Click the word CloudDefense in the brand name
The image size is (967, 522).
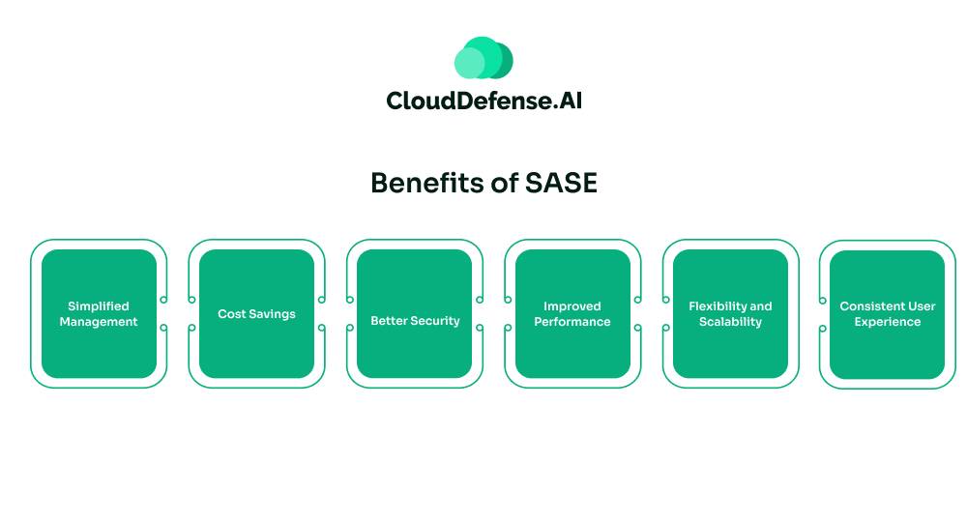[x=469, y=101]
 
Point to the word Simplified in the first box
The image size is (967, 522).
[x=98, y=306]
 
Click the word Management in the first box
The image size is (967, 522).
[x=98, y=322]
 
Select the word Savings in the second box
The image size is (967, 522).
[x=273, y=314]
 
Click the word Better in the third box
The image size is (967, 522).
[x=390, y=321]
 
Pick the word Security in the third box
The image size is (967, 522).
[x=435, y=321]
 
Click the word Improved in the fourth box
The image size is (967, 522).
[x=571, y=306]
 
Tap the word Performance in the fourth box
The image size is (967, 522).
[x=571, y=322]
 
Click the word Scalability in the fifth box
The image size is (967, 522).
[x=730, y=322]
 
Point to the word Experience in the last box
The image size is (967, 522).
[x=887, y=322]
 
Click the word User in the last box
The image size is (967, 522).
[x=921, y=306]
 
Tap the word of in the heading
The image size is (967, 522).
[x=509, y=183]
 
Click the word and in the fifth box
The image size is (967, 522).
[x=761, y=306]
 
